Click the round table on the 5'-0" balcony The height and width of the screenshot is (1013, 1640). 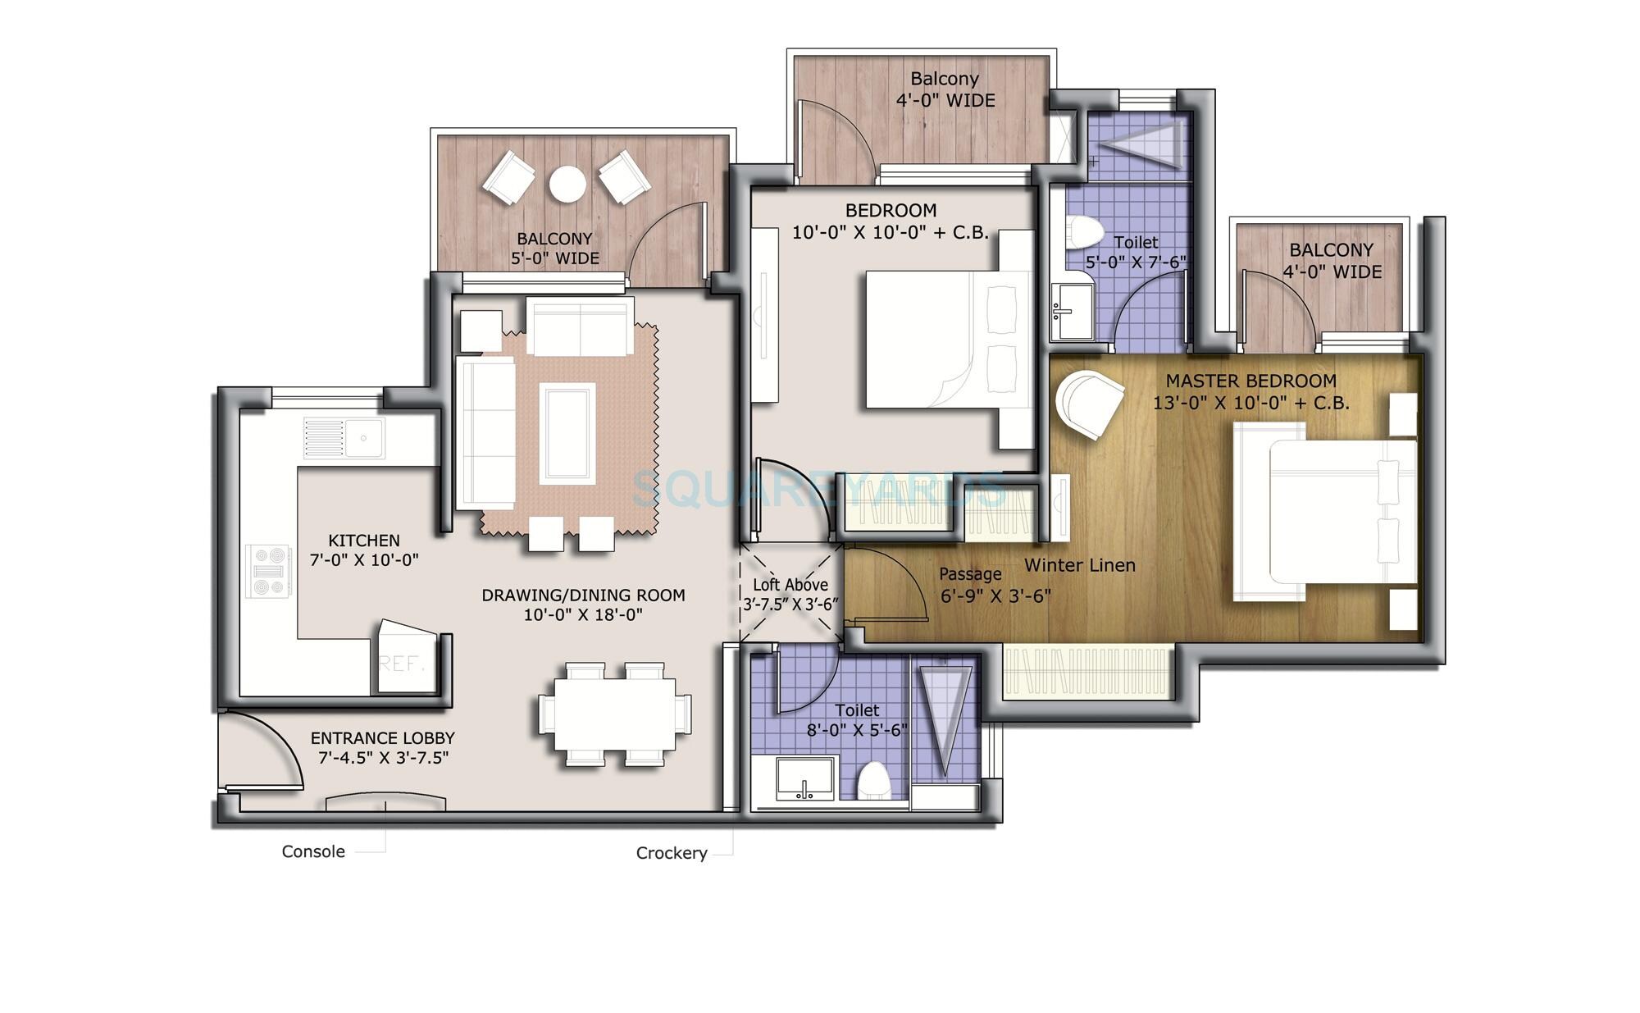pyautogui.click(x=567, y=184)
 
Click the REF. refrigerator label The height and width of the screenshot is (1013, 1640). pyautogui.click(x=400, y=663)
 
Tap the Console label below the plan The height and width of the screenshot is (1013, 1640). pyautogui.click(x=313, y=851)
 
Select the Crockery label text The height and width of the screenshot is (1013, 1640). pyautogui.click(x=672, y=853)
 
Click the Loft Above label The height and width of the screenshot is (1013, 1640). pyautogui.click(x=790, y=585)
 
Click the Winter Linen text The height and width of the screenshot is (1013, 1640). pyautogui.click(x=1080, y=565)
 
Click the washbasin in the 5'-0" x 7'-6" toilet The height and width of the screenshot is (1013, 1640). pyautogui.click(x=1071, y=313)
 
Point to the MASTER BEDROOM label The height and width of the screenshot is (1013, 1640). pyautogui.click(x=1250, y=381)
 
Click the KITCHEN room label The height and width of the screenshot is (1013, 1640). pyautogui.click(x=364, y=541)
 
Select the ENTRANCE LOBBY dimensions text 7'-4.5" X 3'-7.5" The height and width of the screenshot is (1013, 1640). pyautogui.click(x=383, y=758)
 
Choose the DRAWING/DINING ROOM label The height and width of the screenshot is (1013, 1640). pyautogui.click(x=583, y=595)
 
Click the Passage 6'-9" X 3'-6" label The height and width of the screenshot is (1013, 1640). pyautogui.click(x=995, y=586)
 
